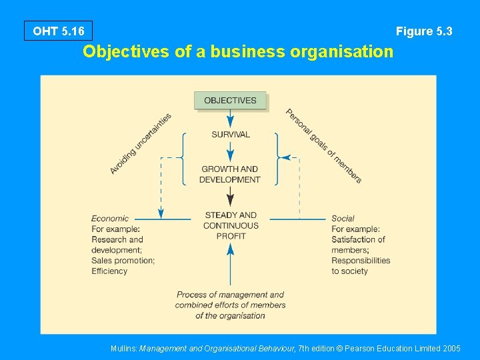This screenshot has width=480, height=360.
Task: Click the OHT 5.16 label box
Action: click(58, 31)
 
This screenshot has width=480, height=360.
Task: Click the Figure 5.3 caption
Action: click(424, 31)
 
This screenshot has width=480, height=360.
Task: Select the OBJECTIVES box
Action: click(230, 101)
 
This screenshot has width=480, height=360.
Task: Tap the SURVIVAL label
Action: click(231, 134)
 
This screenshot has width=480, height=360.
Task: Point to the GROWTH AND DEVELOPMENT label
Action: click(230, 174)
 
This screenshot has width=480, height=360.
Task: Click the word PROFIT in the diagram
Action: click(231, 236)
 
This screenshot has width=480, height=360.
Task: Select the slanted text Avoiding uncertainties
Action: click(141, 144)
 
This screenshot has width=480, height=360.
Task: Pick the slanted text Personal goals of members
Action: click(323, 146)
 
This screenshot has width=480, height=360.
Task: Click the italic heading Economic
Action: click(110, 218)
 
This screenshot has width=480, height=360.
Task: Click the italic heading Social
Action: click(343, 218)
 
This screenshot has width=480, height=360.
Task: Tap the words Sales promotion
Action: click(123, 261)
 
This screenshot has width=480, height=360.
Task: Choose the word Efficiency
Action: click(109, 271)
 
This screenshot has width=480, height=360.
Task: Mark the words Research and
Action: click(117, 239)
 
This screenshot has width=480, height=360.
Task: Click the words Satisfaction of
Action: click(358, 239)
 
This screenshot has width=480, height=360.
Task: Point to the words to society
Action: click(349, 271)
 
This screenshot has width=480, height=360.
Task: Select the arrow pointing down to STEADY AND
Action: click(230, 197)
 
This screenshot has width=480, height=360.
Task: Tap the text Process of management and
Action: click(230, 295)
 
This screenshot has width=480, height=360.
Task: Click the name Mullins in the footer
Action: click(124, 348)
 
